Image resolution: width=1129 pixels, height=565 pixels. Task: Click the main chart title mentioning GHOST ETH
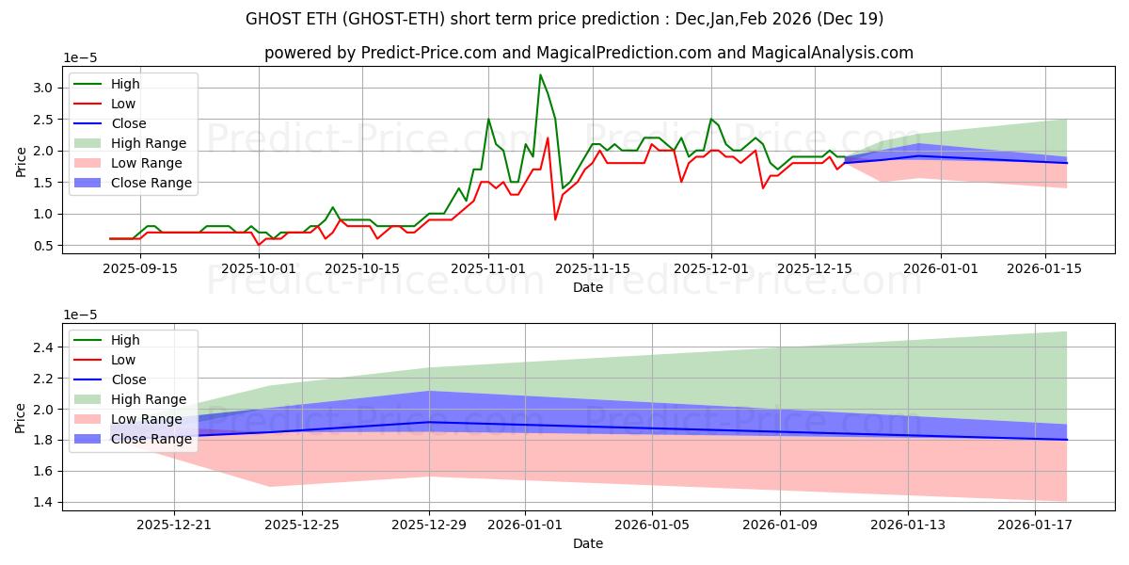pyautogui.click(x=564, y=19)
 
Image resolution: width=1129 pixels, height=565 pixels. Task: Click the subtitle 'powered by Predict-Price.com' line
pyautogui.click(x=588, y=53)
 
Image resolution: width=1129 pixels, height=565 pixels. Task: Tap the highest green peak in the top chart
pyautogui.click(x=540, y=74)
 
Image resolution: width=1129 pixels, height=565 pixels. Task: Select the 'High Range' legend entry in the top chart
pyautogui.click(x=149, y=143)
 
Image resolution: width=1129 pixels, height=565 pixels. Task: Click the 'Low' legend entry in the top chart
pyautogui.click(x=123, y=104)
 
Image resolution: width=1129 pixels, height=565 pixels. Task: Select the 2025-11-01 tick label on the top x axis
pyautogui.click(x=487, y=267)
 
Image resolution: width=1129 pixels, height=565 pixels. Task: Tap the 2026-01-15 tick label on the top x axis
pyautogui.click(x=1045, y=267)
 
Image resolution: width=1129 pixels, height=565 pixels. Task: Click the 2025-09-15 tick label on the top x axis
pyautogui.click(x=141, y=267)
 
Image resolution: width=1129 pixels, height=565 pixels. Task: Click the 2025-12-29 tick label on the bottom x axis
pyautogui.click(x=430, y=524)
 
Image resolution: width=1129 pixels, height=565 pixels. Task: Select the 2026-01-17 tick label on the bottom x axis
pyautogui.click(x=1035, y=524)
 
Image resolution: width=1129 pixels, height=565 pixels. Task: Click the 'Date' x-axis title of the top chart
pyautogui.click(x=588, y=287)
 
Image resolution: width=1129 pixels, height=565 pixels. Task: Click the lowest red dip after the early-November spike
pyautogui.click(x=555, y=219)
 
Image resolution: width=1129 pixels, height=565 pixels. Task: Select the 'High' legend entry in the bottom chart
pyautogui.click(x=125, y=340)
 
